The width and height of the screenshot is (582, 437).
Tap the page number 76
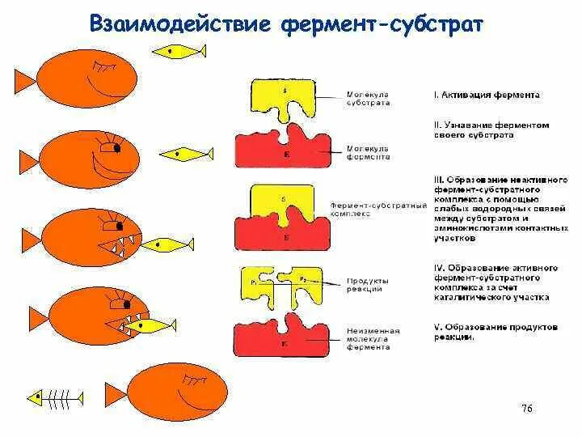526,407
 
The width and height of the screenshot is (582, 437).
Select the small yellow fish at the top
179,51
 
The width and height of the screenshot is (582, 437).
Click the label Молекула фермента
368,153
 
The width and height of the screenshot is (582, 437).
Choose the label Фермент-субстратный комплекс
377,210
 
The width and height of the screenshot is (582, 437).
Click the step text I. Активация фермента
486,95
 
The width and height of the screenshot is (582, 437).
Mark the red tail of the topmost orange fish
23,80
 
